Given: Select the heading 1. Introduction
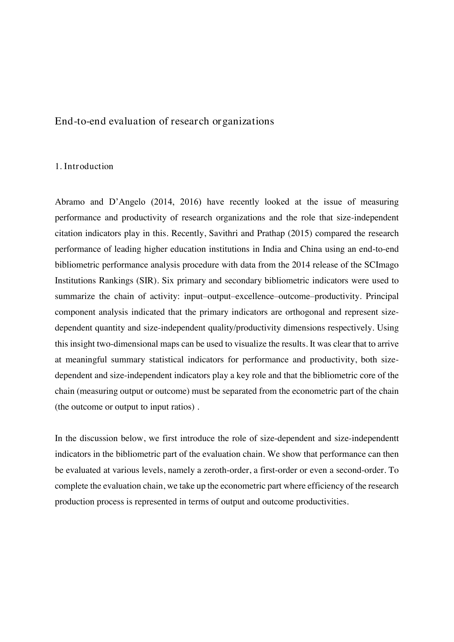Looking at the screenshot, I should coord(84,167).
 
